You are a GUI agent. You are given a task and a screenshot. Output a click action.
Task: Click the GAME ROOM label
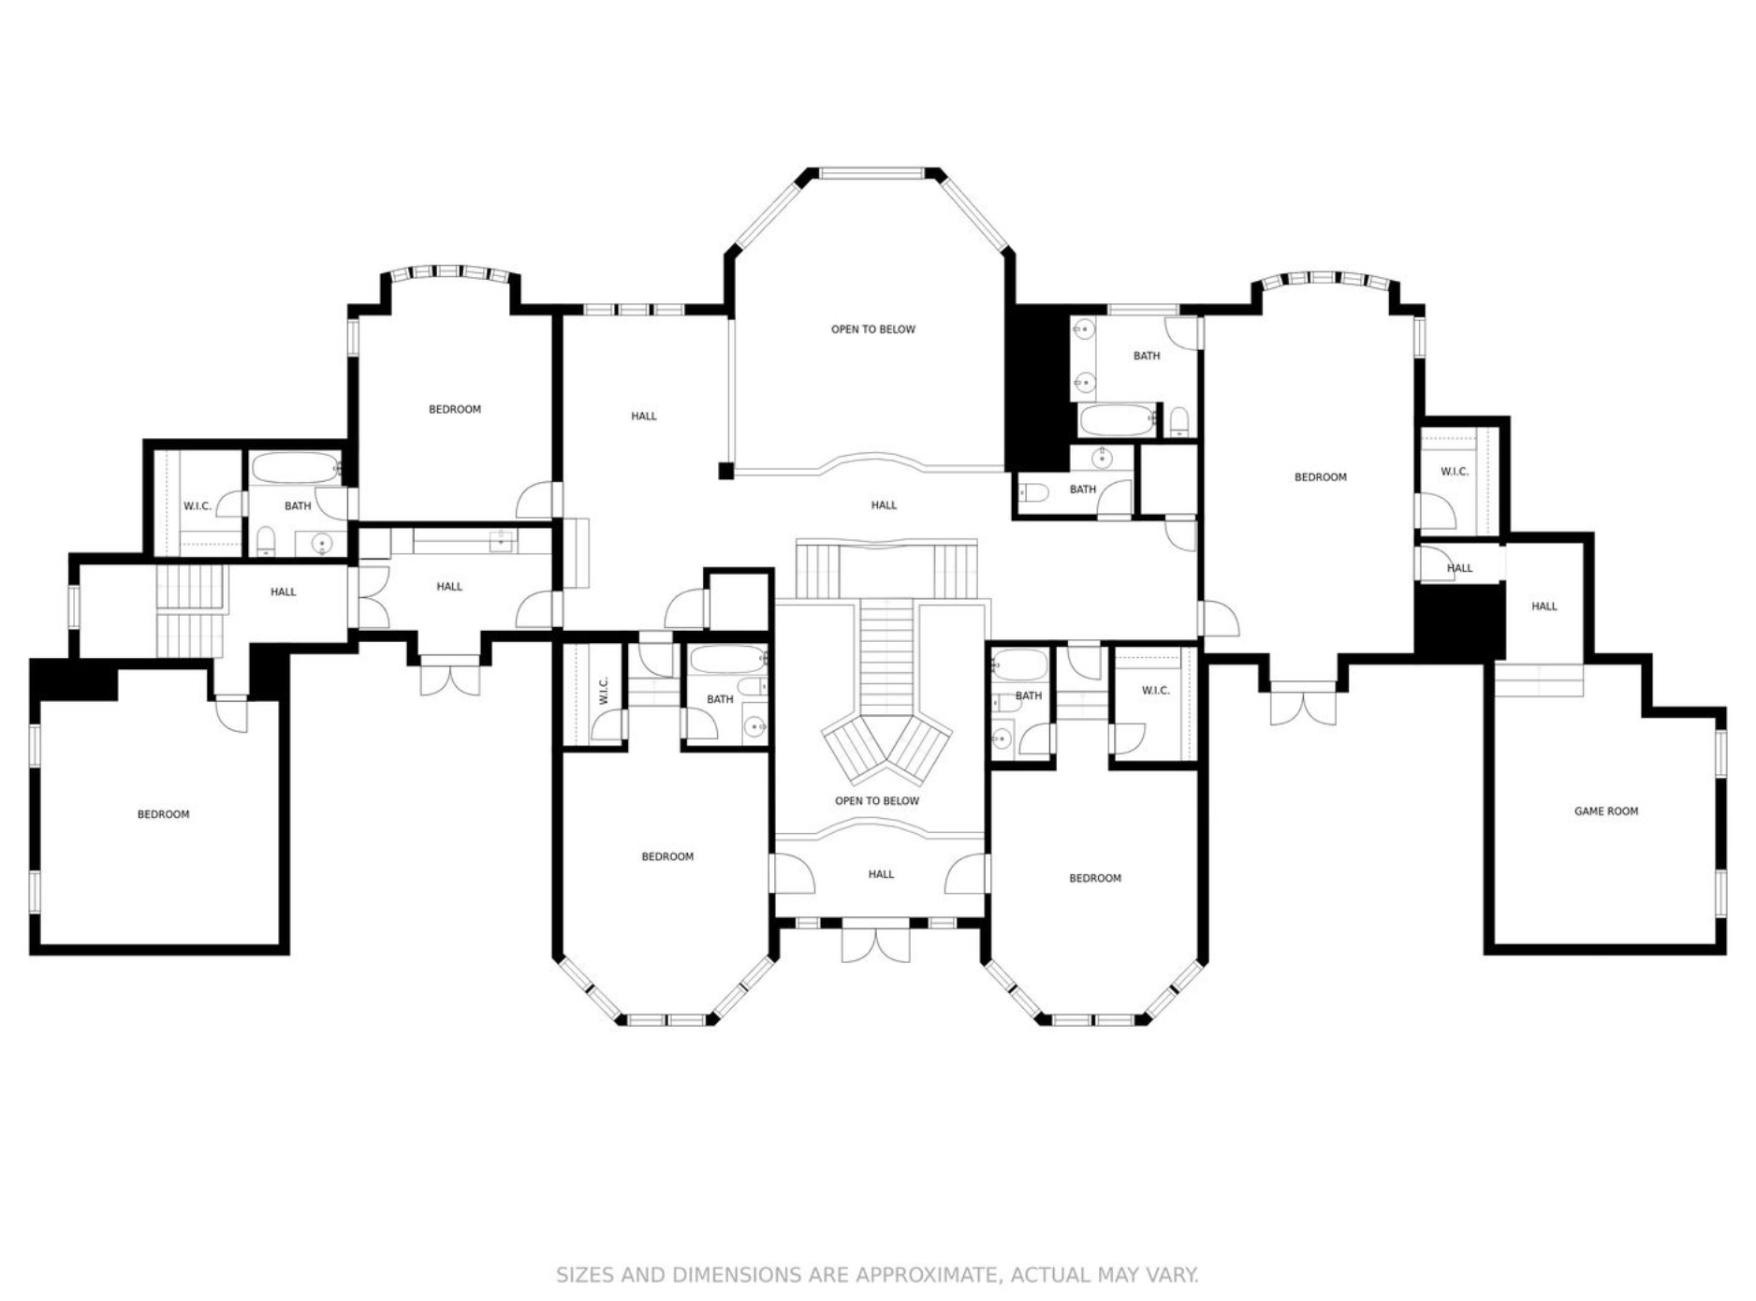[x=1606, y=811]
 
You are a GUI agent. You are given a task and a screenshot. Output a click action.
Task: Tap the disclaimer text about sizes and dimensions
[x=877, y=1275]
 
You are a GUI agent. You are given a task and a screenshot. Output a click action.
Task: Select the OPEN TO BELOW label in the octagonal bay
[x=873, y=329]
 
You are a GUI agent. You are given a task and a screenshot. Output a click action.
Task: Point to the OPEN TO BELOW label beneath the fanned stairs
[x=877, y=801]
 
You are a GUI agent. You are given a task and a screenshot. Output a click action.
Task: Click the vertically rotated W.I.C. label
[x=604, y=691]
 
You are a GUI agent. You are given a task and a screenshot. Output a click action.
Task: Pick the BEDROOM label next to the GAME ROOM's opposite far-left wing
[x=164, y=814]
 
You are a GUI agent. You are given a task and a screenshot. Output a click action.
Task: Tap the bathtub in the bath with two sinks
[x=1118, y=420]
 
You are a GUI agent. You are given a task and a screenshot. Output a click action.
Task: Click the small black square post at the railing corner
[x=725, y=471]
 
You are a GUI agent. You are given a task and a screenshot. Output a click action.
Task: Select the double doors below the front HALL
[x=875, y=943]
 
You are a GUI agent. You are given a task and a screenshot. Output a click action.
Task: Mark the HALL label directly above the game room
[x=1544, y=607]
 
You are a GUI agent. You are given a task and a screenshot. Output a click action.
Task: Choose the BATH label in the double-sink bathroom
[x=1147, y=356]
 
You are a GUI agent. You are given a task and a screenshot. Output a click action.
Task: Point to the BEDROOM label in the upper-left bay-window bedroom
[x=455, y=409]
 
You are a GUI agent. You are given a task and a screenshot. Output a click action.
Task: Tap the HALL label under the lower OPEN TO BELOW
[x=881, y=874]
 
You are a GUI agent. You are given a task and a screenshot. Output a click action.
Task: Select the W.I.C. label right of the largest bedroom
[x=1455, y=472]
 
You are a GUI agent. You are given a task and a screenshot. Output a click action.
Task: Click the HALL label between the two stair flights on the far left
[x=284, y=592]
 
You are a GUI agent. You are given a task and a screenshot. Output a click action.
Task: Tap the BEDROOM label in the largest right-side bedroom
[x=1321, y=477]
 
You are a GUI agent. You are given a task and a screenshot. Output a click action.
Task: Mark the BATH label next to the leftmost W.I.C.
[x=298, y=506]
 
